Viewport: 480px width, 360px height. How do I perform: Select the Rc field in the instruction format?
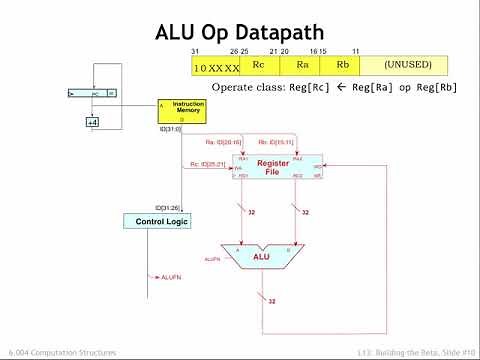click(x=257, y=66)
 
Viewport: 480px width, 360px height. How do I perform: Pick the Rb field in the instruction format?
click(x=342, y=66)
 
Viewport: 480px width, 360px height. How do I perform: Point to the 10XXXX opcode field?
click(x=216, y=66)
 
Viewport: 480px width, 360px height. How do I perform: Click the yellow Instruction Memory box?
click(x=182, y=110)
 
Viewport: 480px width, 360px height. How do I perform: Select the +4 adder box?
click(x=93, y=122)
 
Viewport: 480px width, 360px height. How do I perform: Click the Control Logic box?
click(x=156, y=220)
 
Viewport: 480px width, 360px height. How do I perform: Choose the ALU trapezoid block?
click(x=261, y=256)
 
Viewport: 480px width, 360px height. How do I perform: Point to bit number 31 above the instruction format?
click(x=197, y=52)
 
